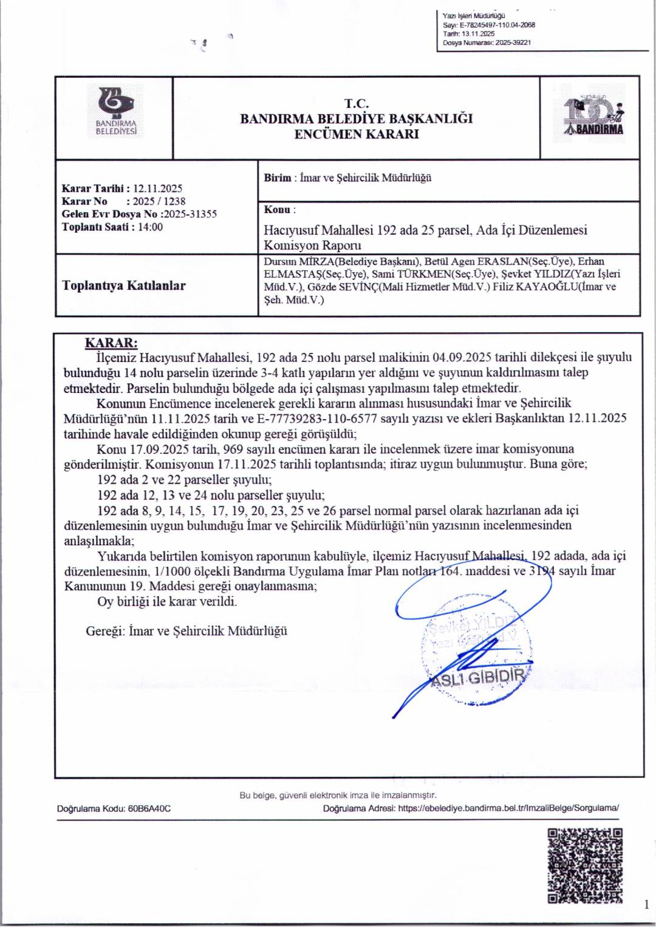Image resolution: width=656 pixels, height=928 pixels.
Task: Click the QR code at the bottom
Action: point(585,865)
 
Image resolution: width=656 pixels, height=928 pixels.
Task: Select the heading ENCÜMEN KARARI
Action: point(357,134)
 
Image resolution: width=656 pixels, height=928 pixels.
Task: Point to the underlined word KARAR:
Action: point(111,343)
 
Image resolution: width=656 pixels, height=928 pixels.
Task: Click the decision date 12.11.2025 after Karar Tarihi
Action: point(157,188)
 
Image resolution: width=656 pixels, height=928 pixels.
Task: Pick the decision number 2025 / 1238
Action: point(159,201)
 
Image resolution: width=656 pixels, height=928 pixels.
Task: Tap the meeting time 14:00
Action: point(150,227)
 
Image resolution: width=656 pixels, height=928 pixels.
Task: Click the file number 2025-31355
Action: point(190,214)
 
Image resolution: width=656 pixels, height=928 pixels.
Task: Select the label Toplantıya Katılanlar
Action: point(124,285)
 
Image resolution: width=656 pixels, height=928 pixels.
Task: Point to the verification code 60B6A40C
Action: point(149,808)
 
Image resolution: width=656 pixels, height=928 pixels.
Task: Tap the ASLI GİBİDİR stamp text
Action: point(477,677)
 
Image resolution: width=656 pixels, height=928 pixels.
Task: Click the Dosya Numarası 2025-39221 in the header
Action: point(513,43)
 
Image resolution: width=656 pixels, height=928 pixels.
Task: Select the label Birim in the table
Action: point(277,178)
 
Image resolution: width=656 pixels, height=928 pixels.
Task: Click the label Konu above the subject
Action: point(277,210)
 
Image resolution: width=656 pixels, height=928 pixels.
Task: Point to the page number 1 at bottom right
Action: point(646,905)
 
